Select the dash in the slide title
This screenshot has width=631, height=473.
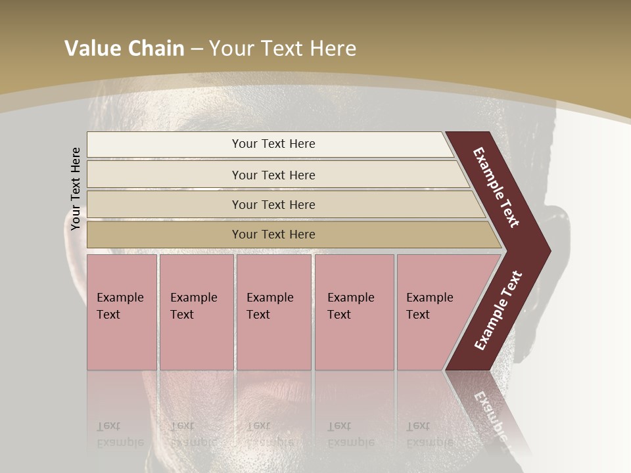point(197,49)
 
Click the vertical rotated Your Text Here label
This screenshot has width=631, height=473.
point(76,189)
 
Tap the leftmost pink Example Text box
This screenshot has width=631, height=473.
point(122,312)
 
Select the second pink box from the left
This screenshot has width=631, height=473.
point(196,312)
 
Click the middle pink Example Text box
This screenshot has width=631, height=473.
point(273,312)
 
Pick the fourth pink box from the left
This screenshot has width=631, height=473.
point(354,312)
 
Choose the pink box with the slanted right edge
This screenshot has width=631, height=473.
point(434,312)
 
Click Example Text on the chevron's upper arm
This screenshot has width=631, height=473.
point(497,188)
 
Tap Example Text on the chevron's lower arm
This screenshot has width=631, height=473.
point(498,311)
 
